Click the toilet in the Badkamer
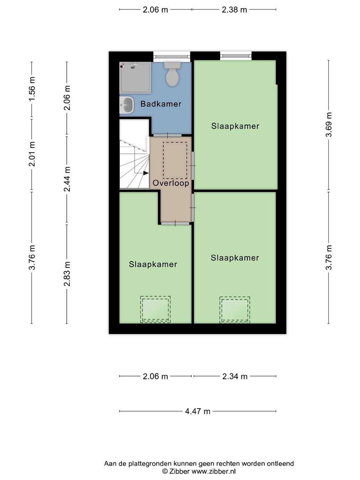[172, 74]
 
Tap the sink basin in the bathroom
[127, 105]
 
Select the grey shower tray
[135, 78]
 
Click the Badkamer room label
[161, 104]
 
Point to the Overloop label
[171, 183]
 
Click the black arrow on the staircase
[146, 173]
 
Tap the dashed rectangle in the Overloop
[175, 160]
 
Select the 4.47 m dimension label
[198, 411]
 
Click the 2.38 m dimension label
[234, 10]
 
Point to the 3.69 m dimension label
[329, 125]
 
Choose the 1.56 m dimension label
[32, 89]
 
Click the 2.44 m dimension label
[67, 179]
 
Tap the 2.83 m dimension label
[67, 274]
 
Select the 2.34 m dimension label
[235, 377]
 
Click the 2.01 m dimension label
[32, 154]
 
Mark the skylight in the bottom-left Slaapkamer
[155, 309]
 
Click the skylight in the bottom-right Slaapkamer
[235, 310]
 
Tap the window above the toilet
[172, 57]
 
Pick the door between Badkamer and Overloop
[168, 135]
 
